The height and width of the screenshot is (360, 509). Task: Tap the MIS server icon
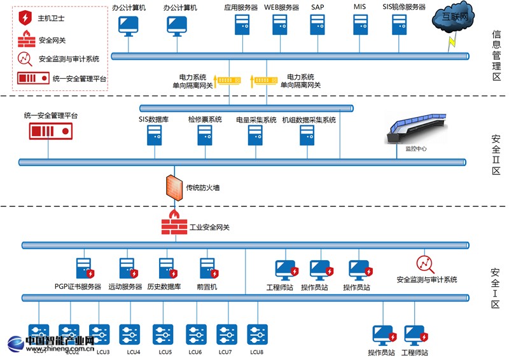tap(360, 24)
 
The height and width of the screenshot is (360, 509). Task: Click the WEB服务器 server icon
tap(281, 24)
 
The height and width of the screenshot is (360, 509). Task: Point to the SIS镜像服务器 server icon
tap(400, 24)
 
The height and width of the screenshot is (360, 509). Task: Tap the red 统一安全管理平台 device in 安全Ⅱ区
tap(50, 131)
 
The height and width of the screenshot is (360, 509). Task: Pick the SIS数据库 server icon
tap(155, 135)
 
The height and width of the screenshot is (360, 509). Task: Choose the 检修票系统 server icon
tap(205, 135)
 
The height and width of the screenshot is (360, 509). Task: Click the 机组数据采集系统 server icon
tap(308, 135)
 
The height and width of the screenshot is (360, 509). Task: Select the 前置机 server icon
tap(207, 268)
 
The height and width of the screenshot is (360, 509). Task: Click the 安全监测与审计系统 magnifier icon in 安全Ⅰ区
tap(424, 264)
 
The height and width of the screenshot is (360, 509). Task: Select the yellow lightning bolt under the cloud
tap(452, 41)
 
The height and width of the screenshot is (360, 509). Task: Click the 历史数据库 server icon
tap(166, 268)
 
